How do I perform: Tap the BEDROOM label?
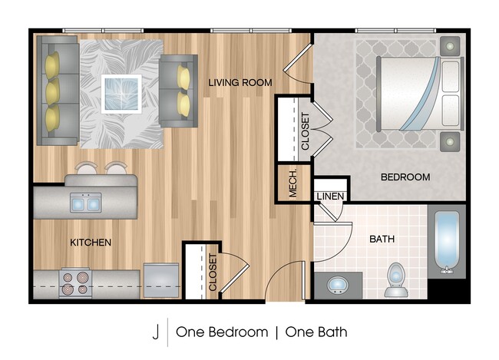pyautogui.click(x=405, y=177)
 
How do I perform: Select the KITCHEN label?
pyautogui.click(x=91, y=243)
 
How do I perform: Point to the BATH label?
pyautogui.click(x=382, y=239)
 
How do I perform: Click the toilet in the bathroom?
pyautogui.click(x=396, y=279)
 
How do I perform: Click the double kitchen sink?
pyautogui.click(x=86, y=203)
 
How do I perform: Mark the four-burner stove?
pyautogui.click(x=74, y=284)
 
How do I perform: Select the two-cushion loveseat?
pyautogui.click(x=180, y=89)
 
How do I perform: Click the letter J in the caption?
pyautogui.click(x=155, y=332)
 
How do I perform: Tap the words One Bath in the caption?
pyautogui.click(x=316, y=332)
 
